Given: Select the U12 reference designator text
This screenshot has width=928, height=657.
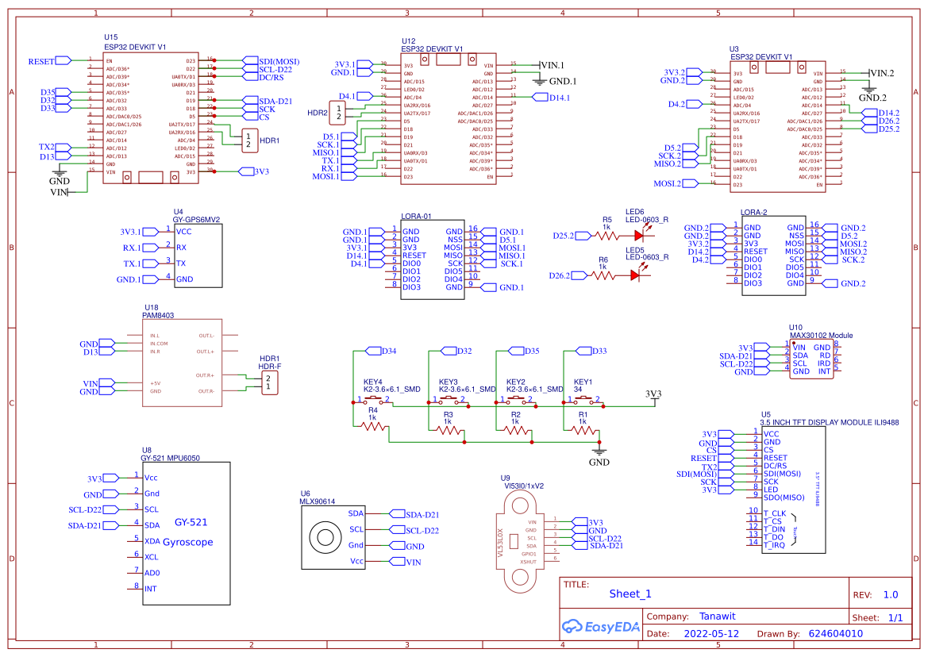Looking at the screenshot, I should click(x=408, y=40).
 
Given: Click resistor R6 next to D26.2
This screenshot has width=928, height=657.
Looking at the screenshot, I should click(x=603, y=275).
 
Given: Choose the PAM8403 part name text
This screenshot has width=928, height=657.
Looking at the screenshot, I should click(x=158, y=315).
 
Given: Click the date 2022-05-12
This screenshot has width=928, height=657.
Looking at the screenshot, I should click(x=711, y=634).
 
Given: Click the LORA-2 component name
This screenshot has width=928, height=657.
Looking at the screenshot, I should click(x=753, y=213).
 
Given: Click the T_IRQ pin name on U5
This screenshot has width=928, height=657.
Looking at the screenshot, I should click(x=774, y=545).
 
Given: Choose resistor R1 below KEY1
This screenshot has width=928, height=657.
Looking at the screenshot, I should click(x=584, y=431).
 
